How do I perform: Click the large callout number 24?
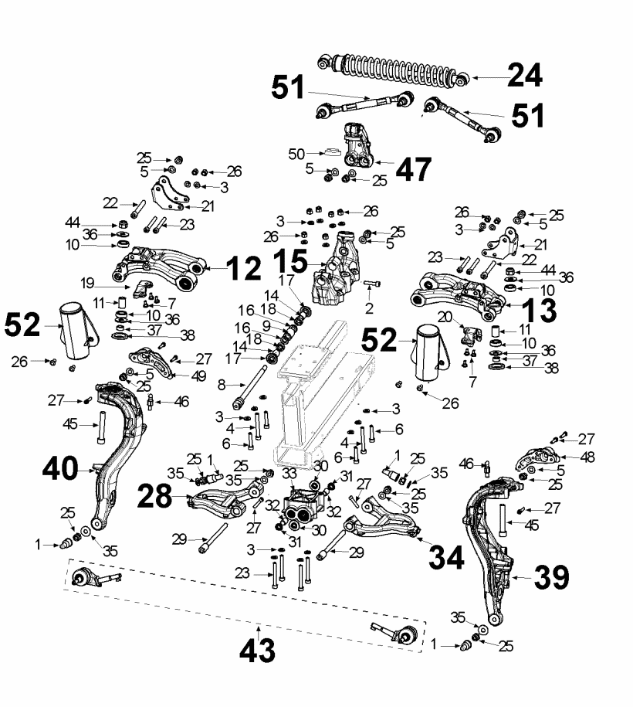coord(524,76)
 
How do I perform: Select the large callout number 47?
coord(409,169)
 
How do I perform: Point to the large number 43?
coord(256,651)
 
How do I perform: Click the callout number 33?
coord(289,472)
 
